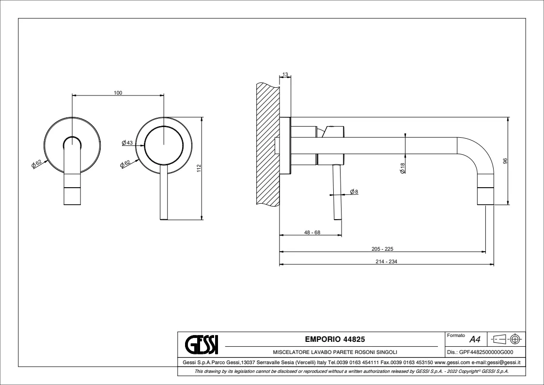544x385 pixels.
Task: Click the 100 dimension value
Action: pyautogui.click(x=118, y=93)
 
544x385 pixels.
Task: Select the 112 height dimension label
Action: pyautogui.click(x=199, y=168)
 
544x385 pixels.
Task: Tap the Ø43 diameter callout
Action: pyautogui.click(x=127, y=143)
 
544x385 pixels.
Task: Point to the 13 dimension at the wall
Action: pyautogui.click(x=285, y=74)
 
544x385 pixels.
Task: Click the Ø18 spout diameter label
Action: pyautogui.click(x=403, y=168)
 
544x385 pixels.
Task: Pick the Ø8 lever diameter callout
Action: pyautogui.click(x=354, y=191)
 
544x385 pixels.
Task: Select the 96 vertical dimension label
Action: pyautogui.click(x=505, y=161)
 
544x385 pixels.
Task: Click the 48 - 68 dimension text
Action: pyautogui.click(x=312, y=232)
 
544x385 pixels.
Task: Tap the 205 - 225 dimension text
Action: pyautogui.click(x=382, y=249)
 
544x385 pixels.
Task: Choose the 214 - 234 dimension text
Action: pyautogui.click(x=386, y=261)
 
